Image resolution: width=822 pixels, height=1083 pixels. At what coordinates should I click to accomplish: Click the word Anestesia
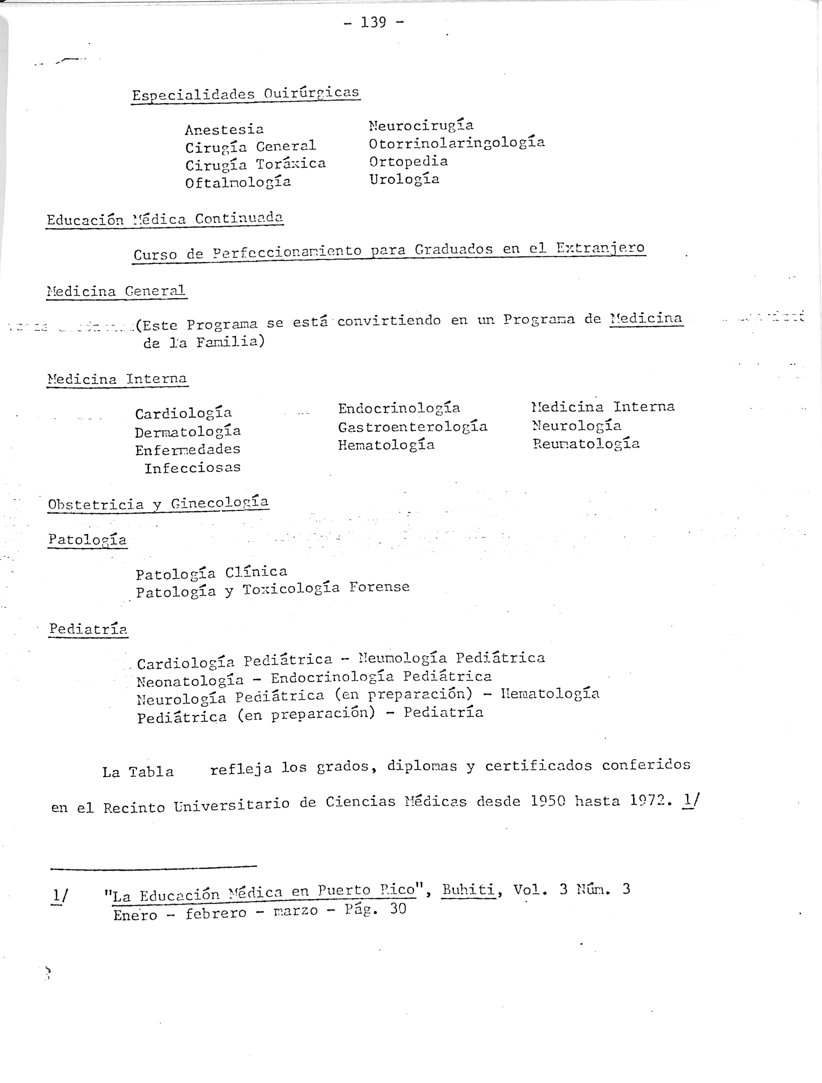point(224,130)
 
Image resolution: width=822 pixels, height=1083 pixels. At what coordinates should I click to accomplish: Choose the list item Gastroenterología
point(412,427)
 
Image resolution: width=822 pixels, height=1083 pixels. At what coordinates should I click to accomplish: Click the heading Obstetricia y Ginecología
point(158,504)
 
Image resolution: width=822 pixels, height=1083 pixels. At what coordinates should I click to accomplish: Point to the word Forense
point(379,587)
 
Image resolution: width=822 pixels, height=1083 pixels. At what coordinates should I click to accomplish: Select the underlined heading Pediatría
point(88,629)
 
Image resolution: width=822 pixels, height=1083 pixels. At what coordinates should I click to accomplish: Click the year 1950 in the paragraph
point(548,801)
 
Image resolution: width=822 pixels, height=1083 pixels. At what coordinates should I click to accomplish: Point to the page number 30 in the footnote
point(398,909)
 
